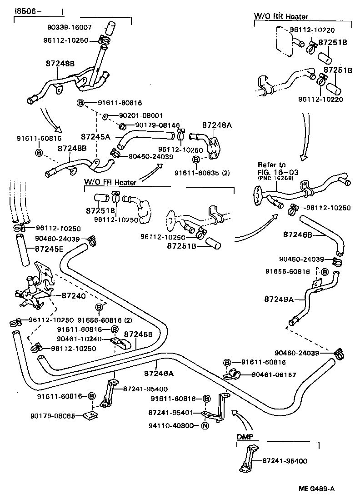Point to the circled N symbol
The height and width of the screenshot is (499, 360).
205,426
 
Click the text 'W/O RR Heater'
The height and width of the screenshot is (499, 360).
280,16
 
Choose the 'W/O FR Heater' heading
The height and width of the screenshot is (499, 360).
110,182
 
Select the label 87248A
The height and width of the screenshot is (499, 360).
217,124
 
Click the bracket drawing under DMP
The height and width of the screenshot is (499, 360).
250,459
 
